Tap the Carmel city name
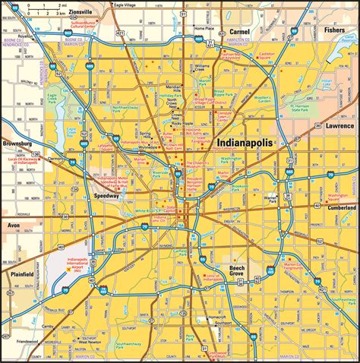coord(241,32)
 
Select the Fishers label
coord(334,31)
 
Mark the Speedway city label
coord(106,195)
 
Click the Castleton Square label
coord(267,56)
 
